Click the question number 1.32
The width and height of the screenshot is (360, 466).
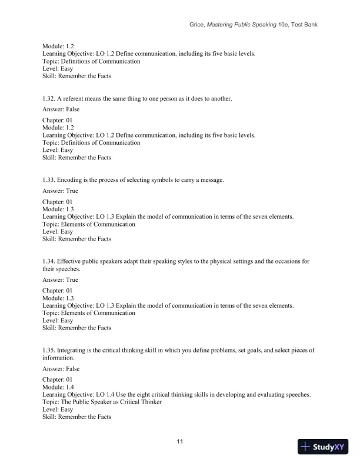(49, 99)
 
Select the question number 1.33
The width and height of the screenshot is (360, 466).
(49, 179)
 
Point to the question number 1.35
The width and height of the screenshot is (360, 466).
(49, 350)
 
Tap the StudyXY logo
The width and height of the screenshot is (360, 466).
(323, 447)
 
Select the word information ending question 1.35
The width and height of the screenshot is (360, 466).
(56, 357)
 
